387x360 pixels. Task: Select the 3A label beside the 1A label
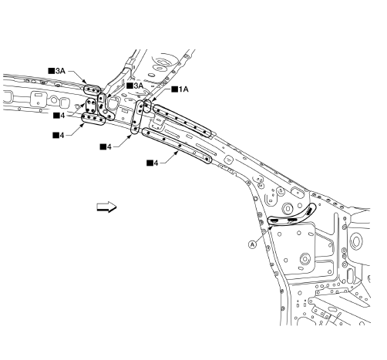point(135,86)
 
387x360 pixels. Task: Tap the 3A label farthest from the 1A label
point(57,71)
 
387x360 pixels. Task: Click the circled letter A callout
point(253,244)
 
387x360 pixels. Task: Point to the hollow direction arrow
point(106,207)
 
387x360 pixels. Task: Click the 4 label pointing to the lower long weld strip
point(153,163)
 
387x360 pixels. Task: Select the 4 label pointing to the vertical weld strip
point(106,147)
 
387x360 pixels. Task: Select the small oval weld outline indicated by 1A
point(146,106)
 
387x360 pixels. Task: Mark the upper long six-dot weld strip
point(182,121)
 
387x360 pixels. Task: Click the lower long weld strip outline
point(177,146)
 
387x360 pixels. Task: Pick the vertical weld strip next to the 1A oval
point(137,117)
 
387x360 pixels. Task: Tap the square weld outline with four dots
point(91,106)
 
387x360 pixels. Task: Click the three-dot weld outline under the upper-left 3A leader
point(93,89)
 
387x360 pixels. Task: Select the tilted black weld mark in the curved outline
point(309,211)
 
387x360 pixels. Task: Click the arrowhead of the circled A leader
point(271,228)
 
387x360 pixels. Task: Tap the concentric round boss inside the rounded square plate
point(305,258)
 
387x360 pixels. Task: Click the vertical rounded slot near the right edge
point(350,275)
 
